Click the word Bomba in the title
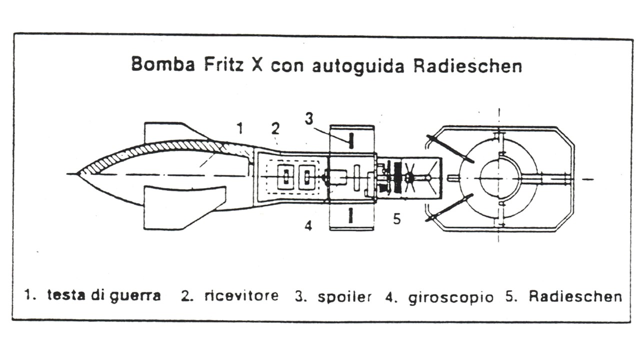tap(163, 64)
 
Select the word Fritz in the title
tap(224, 64)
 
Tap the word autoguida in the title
tap(358, 66)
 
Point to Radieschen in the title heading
tap(467, 65)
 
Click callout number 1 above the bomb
tap(240, 128)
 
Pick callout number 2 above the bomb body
tap(275, 128)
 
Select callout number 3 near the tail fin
tap(309, 118)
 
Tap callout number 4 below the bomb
tap(308, 225)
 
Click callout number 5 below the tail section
tap(397, 219)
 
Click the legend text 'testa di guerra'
tap(104, 295)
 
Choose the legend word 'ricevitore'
tap(241, 295)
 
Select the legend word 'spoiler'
tap(344, 296)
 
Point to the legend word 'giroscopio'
tap(450, 297)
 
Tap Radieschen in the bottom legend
tap(575, 296)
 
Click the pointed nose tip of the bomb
tap(76, 173)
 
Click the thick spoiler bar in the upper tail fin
tap(351, 140)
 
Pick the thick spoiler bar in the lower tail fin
tap(350, 215)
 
